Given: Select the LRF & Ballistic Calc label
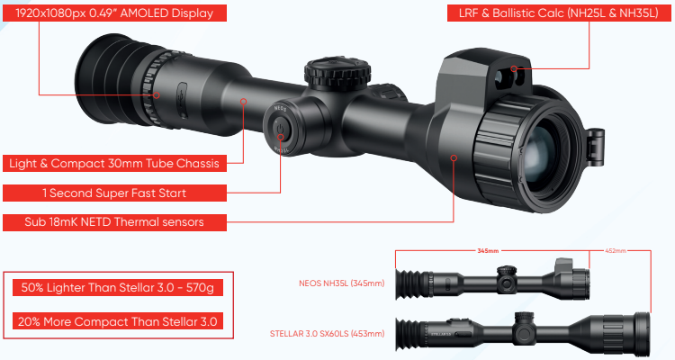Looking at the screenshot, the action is [558, 13].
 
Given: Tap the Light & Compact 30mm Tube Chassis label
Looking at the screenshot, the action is [114, 164].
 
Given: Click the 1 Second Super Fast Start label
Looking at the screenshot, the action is [114, 193].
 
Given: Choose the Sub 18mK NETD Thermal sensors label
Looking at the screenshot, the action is [114, 222].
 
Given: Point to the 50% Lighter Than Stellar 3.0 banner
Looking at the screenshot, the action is [118, 288].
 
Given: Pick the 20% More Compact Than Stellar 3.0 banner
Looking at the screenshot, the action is [118, 321].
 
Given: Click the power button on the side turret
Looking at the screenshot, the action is [280, 130].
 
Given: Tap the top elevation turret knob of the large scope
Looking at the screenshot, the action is [337, 72].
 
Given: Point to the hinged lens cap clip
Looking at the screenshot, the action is [596, 146].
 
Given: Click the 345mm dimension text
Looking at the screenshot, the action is [488, 250].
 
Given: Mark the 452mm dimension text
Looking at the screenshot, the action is [616, 250].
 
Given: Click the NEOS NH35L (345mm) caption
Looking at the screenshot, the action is [341, 283].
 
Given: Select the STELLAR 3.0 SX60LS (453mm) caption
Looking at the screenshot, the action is [328, 334].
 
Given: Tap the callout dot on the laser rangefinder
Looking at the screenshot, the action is [514, 68].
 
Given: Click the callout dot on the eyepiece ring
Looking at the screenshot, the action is [157, 95].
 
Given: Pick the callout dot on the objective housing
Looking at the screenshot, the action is [454, 158].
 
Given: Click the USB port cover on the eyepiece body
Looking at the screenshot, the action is [182, 100].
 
